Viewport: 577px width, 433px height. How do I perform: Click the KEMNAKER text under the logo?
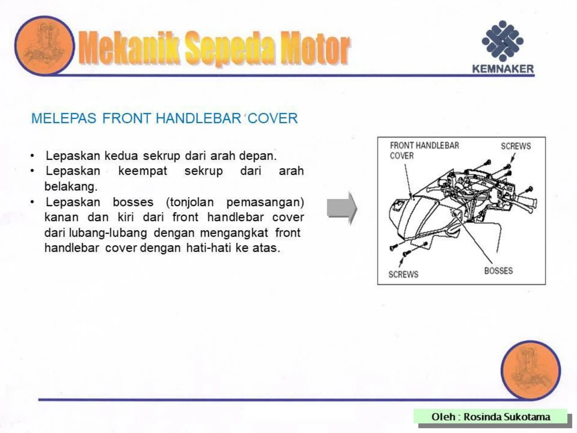503,69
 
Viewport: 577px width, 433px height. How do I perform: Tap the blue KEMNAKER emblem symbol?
503,41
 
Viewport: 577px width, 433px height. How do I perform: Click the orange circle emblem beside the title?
45,45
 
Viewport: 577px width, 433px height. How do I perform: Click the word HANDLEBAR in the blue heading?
198,118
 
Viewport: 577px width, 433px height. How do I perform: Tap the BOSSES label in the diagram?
498,271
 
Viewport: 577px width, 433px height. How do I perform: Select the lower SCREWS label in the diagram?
403,274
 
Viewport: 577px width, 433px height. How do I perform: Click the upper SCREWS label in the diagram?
516,146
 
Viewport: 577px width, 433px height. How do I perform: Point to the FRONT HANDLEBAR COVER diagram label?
424,150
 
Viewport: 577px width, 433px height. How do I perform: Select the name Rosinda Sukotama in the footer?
507,417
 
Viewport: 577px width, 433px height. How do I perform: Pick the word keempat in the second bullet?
143,171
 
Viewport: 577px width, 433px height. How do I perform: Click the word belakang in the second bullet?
71,186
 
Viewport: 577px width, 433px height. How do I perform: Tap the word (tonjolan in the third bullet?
190,202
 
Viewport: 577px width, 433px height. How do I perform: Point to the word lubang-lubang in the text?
108,233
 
